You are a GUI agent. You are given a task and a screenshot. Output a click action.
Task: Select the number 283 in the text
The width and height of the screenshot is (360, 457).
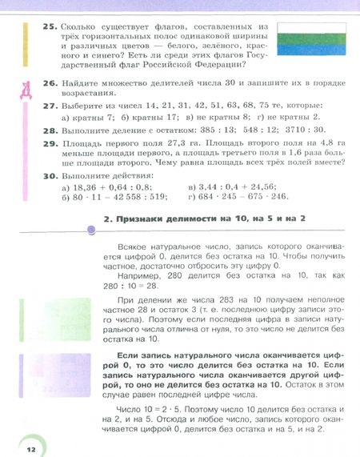(x=198, y=298)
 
